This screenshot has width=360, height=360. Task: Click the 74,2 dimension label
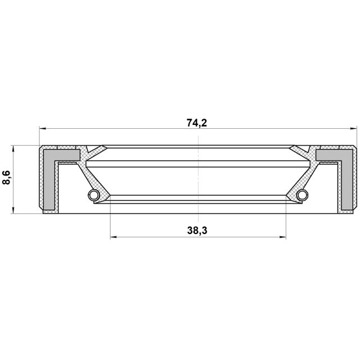pyautogui.click(x=197, y=123)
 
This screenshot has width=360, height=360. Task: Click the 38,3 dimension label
pyautogui.click(x=197, y=230)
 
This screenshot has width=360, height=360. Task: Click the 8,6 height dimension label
pyautogui.click(x=6, y=178)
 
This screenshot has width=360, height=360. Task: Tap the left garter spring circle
pyautogui.click(x=94, y=195)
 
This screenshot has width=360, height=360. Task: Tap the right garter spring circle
pyautogui.click(x=303, y=195)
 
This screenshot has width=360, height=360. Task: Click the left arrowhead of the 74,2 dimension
pyautogui.click(x=43, y=129)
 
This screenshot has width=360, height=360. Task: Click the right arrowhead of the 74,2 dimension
pyautogui.click(x=353, y=129)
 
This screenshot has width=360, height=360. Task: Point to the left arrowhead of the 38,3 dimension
pyautogui.click(x=114, y=237)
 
